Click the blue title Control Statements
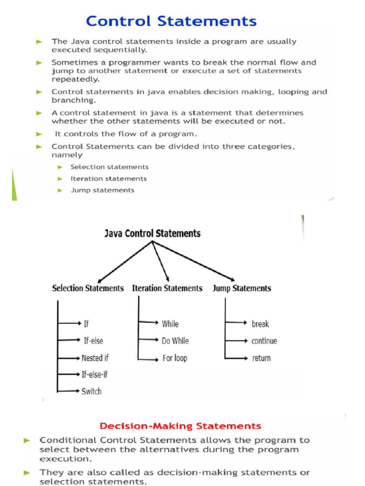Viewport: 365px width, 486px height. pyautogui.click(x=171, y=21)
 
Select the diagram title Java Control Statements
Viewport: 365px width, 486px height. pyautogui.click(x=153, y=233)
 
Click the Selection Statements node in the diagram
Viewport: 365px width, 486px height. pyautogui.click(x=88, y=288)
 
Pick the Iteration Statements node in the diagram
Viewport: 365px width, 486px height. pyautogui.click(x=167, y=288)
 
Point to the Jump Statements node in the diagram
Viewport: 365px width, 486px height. pyautogui.click(x=242, y=288)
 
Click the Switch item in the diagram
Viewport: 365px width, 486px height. pyautogui.click(x=91, y=392)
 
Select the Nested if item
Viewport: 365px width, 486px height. pyautogui.click(x=95, y=358)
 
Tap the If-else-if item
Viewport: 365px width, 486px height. pyautogui.click(x=95, y=374)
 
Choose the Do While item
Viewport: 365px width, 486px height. pyautogui.click(x=175, y=341)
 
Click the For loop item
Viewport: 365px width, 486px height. pyautogui.click(x=174, y=358)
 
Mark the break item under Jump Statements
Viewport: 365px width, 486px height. pyautogui.click(x=260, y=324)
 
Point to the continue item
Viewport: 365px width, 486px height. pyautogui.click(x=264, y=341)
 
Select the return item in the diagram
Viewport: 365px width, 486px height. pyautogui.click(x=261, y=358)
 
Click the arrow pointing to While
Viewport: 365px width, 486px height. pyautogui.click(x=148, y=323)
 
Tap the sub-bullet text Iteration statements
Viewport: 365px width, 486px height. pyautogui.click(x=108, y=178)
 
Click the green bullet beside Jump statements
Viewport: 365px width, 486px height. pyautogui.click(x=60, y=190)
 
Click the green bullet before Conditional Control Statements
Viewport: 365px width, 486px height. pyautogui.click(x=28, y=440)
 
